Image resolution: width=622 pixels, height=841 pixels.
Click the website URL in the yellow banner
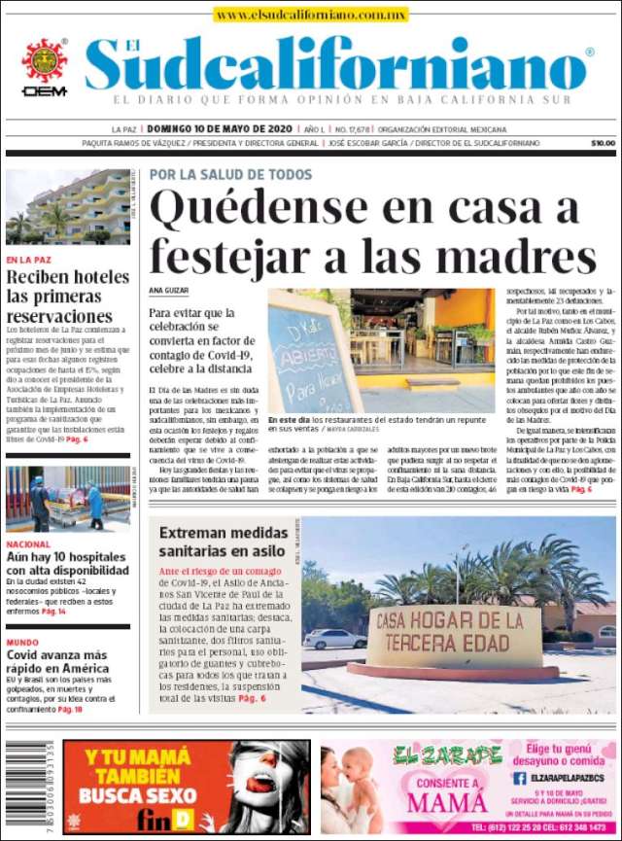pos(311,15)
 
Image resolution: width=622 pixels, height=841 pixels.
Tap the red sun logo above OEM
pos(44,60)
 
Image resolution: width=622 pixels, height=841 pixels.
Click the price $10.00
pos(603,143)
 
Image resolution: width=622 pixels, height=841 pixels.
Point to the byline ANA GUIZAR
pos(168,290)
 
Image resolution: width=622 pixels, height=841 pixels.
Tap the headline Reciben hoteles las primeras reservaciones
pos(68,297)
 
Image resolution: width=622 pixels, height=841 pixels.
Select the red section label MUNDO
pos(22,643)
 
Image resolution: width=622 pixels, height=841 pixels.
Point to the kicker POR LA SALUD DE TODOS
pos(230,175)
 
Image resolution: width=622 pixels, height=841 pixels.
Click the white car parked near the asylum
pos(335,639)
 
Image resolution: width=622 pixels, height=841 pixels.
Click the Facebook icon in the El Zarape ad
pos(520,778)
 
